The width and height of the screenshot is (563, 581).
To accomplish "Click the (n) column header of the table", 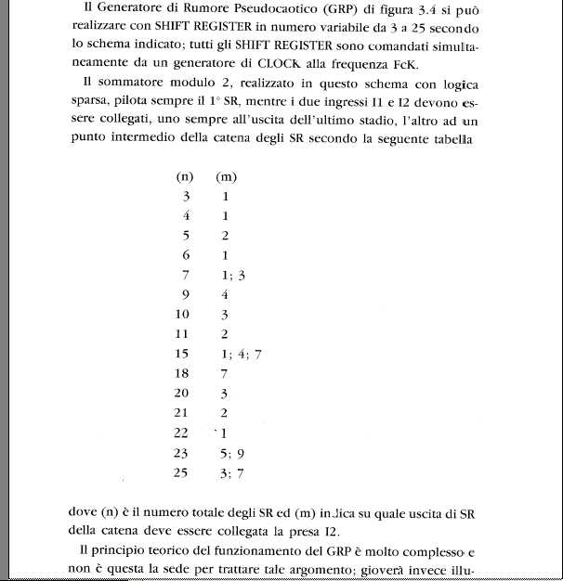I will pos(184,176).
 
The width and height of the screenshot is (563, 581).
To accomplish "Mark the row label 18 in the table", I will pos(181,374).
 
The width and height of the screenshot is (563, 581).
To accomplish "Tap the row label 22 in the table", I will pos(181,433).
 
